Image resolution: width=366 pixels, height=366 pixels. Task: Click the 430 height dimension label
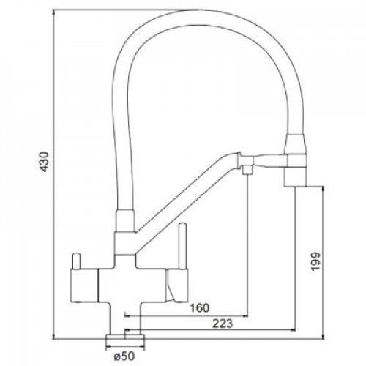(44, 162)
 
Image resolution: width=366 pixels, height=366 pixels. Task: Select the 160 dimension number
(200, 308)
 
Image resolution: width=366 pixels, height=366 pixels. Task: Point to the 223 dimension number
(223, 324)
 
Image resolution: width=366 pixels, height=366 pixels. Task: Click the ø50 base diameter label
(124, 356)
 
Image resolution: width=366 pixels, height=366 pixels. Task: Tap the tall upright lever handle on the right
(182, 246)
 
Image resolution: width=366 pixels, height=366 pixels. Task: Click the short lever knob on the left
(76, 261)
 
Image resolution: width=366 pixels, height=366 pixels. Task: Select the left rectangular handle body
(84, 285)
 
